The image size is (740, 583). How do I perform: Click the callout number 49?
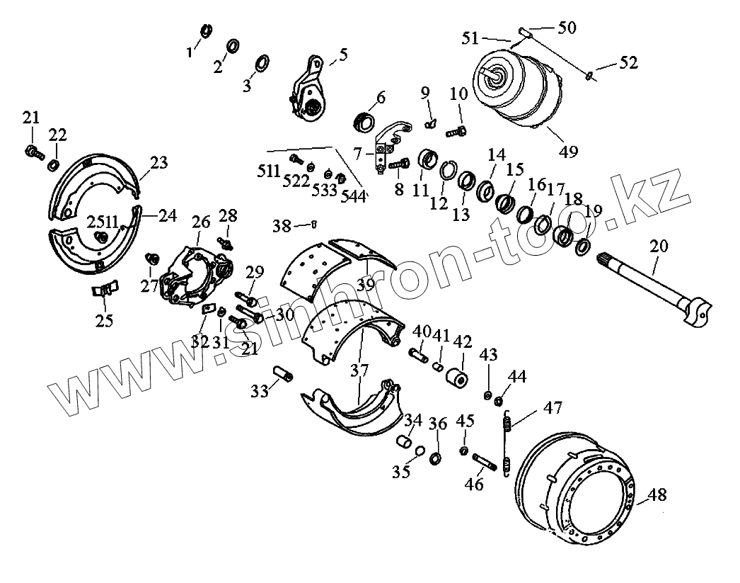[x=568, y=151]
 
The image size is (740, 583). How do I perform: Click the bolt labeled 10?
[x=453, y=130]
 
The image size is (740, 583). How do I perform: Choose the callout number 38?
[x=282, y=226]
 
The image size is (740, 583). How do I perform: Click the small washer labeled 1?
[x=206, y=31]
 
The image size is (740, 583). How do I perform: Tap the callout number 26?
[x=201, y=222]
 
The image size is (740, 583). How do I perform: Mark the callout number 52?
[x=628, y=63]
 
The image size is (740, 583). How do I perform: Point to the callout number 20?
[x=659, y=247]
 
